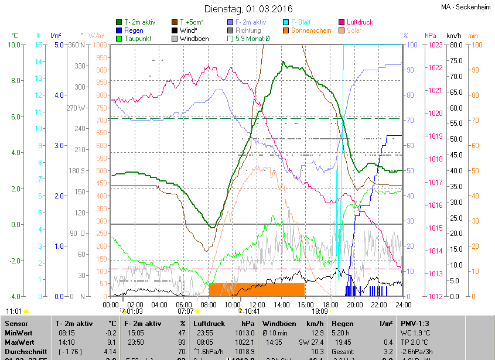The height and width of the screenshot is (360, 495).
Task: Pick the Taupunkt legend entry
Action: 136,39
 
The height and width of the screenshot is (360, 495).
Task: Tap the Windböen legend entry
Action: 194,39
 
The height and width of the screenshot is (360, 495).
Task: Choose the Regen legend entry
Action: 134,30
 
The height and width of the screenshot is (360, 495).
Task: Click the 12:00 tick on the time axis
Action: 257,304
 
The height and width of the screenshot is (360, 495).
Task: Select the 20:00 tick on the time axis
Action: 354,304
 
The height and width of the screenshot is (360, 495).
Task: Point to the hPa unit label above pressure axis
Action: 430,36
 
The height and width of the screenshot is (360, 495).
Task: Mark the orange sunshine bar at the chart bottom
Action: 257,289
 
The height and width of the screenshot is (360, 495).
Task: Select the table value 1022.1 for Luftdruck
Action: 244,342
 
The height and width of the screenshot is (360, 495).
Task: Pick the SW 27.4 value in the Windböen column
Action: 310,342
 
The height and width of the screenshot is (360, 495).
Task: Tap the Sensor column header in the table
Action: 16,323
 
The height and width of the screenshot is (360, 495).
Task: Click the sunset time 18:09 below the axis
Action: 320,311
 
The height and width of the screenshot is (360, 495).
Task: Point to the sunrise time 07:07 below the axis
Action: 186,311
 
